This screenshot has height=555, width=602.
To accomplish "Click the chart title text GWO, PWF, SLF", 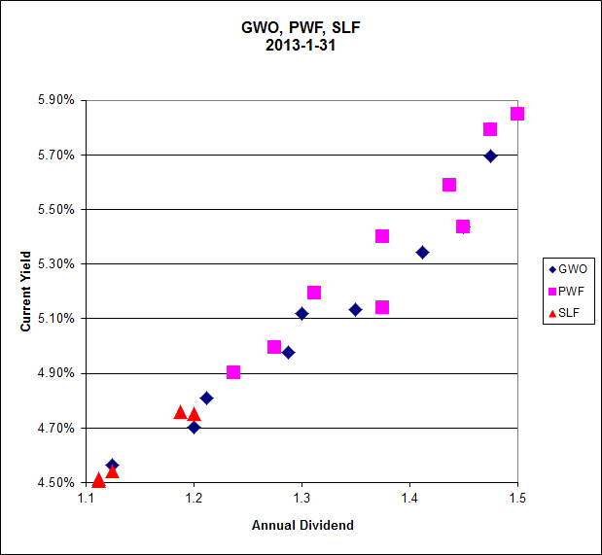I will point(301,27).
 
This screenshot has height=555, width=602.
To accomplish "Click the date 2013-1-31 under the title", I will point(301,45).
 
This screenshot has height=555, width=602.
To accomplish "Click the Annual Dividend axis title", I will point(302,526).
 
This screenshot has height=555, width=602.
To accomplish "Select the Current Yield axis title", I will point(26,292).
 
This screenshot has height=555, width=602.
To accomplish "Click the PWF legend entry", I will point(569,292).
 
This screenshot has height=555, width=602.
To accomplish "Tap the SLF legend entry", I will point(569,313).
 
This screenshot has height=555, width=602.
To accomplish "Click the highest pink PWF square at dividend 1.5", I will point(517,114).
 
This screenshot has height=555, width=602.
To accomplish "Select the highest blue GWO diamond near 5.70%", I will point(490,156).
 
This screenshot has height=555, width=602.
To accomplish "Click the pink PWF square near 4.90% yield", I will point(233,372).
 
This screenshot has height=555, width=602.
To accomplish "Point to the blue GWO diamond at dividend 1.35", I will point(355,310).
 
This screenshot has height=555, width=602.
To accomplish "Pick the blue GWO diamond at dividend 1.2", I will point(194,428).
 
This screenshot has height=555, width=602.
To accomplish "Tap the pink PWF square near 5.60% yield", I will point(449,185).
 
